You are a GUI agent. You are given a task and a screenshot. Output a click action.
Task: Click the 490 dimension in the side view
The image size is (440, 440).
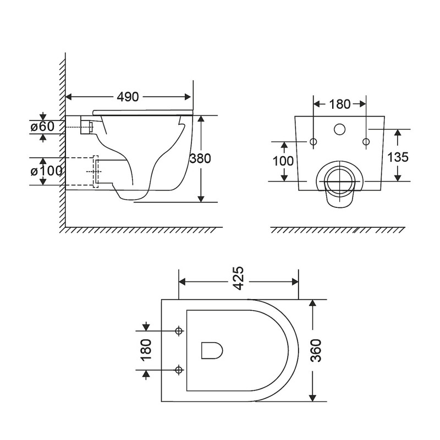click(x=128, y=97)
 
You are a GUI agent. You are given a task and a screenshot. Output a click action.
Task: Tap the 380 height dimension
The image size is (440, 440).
click(x=200, y=158)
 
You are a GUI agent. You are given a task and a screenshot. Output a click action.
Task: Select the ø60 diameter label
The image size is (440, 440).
click(x=43, y=127)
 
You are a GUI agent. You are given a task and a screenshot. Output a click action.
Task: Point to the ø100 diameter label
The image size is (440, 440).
click(x=43, y=171)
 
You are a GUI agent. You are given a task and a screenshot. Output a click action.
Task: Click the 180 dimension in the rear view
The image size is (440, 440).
click(x=339, y=103)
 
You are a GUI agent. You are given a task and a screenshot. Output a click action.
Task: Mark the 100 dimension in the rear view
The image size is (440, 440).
click(x=283, y=161)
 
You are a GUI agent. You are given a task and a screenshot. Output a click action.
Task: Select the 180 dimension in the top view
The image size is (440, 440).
click(x=146, y=350)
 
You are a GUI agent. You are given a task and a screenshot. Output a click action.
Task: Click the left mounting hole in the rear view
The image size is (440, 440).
click(x=313, y=142)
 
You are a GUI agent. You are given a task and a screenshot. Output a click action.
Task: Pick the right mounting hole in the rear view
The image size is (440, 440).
click(x=366, y=142)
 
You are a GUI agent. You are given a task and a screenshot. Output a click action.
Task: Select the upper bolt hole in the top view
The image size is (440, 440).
click(x=178, y=331)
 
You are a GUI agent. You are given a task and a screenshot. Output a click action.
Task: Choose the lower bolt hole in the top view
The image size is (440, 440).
click(x=178, y=369)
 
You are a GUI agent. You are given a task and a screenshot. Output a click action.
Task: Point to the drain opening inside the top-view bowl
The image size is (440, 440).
click(x=211, y=350)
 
